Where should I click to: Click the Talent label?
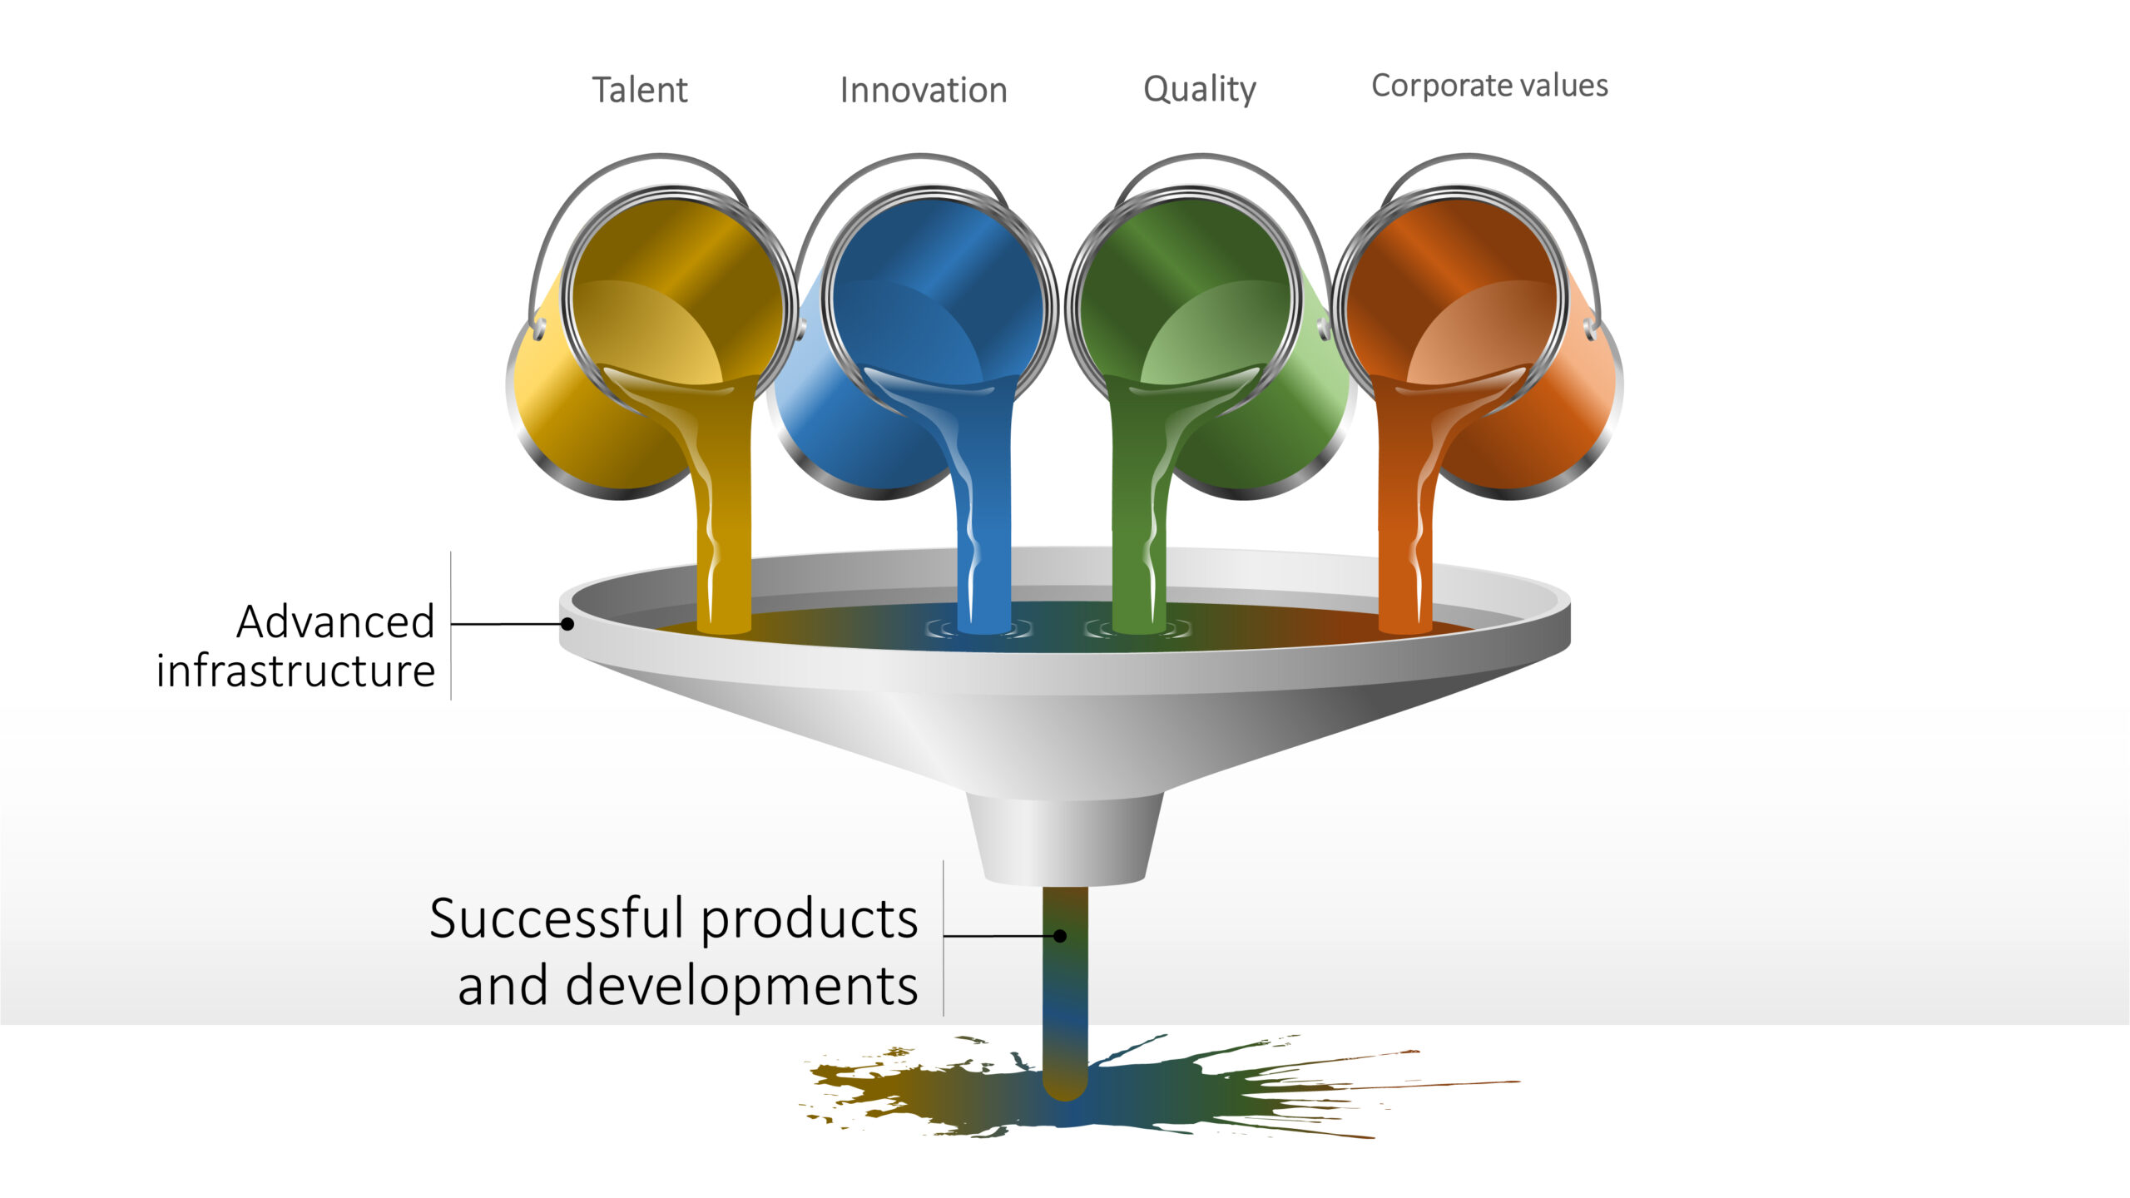click(x=639, y=90)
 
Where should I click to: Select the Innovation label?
click(x=924, y=90)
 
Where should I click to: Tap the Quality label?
click(x=1200, y=90)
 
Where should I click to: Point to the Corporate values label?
click(x=1489, y=87)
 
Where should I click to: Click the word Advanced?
click(x=335, y=621)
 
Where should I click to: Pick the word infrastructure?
click(x=295, y=671)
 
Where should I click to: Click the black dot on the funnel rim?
click(x=567, y=623)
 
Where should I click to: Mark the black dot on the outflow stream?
click(x=1060, y=936)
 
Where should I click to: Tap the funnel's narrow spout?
click(x=1065, y=840)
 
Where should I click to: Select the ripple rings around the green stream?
click(x=1138, y=631)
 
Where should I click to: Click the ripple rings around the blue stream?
click(x=980, y=631)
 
